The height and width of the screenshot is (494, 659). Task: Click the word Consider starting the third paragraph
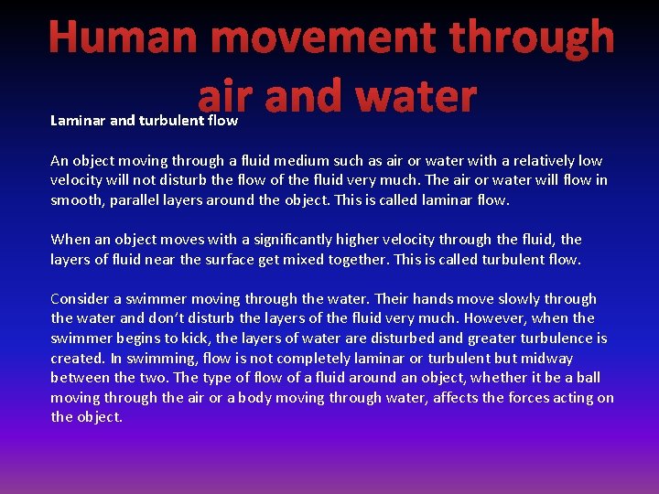coord(81,298)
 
